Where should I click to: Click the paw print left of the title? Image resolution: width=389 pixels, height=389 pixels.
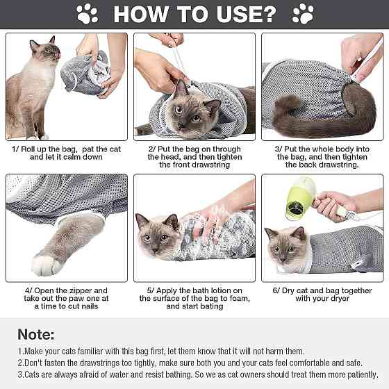(87, 14)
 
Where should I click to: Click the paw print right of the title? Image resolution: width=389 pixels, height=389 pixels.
(303, 14)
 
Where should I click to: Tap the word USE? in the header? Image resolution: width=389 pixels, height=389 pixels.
(247, 15)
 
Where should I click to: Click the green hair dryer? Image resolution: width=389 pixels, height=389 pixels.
(301, 199)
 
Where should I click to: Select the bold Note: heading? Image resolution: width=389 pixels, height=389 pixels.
(36, 334)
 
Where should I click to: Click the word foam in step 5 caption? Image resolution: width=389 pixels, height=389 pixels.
(240, 299)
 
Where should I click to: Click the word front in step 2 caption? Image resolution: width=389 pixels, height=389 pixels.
(179, 165)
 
